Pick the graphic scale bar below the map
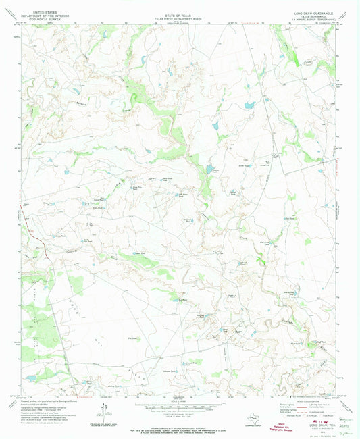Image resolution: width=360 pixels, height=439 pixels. click(179, 407)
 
